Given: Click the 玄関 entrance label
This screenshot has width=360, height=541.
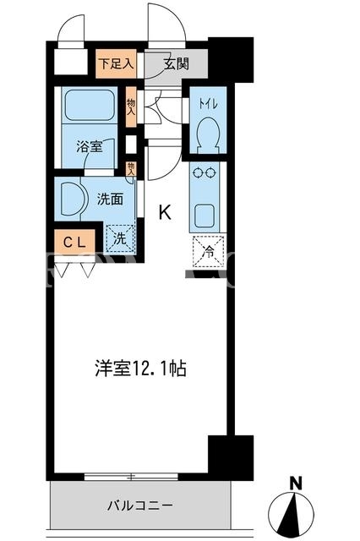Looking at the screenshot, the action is coord(177,64).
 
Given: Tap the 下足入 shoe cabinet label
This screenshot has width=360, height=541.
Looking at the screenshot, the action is coord(116,63).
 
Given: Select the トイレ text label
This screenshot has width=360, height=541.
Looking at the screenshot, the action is coord(208,103).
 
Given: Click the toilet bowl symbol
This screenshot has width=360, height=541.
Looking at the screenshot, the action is coord(208,135).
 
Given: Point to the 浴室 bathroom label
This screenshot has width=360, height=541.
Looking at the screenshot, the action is coord(90,147).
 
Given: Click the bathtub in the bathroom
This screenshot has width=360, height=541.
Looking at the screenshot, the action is coord(90,105).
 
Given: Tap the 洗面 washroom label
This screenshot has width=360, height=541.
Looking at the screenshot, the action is coord(110,199).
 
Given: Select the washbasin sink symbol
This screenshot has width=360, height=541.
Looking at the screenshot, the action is coord(72,199).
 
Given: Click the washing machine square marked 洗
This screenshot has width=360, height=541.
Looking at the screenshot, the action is coord(120,238).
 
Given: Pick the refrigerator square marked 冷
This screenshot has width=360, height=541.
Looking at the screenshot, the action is coord(209,251).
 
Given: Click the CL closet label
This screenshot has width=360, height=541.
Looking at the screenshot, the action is coord(74,243).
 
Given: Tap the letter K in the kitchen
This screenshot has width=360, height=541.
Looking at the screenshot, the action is coord(165,212).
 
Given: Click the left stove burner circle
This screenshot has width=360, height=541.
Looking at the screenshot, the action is coord(198,172).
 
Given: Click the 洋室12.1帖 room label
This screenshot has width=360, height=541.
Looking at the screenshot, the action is coord(140,369).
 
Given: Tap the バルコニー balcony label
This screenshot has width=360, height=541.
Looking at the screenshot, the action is coord(139,506).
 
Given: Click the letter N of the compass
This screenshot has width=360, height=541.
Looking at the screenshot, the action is coord(296,483).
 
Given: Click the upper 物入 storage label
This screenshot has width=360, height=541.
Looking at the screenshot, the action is coord(131,107).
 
